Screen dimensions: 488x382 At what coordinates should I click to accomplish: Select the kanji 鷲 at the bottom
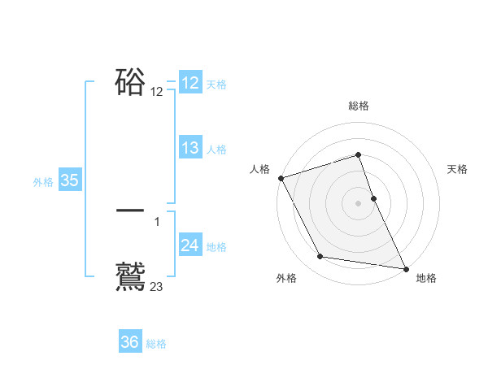coord(131,275)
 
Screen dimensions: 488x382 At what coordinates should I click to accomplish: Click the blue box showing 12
coord(190,83)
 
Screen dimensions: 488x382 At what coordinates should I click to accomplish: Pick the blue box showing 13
coord(190,148)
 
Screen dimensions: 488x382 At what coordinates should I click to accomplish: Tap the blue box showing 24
coord(190,245)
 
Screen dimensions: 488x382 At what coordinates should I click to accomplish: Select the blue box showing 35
coord(70,180)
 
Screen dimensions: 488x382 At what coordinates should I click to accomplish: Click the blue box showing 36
coord(130,342)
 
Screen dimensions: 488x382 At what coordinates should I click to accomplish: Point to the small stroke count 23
coord(157,286)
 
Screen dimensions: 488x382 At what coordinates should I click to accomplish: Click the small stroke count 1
coord(157,221)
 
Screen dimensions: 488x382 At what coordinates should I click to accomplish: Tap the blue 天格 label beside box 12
coord(216,85)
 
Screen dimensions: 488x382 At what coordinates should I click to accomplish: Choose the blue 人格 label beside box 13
coord(216,150)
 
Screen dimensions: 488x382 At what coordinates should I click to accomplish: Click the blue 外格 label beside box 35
coord(43,182)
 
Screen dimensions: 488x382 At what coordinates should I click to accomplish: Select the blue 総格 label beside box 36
coord(156,344)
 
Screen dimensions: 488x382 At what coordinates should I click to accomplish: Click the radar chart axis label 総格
coord(359,106)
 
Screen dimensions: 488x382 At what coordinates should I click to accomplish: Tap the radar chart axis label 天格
coord(458,169)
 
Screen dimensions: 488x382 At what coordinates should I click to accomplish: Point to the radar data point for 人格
coord(281,178)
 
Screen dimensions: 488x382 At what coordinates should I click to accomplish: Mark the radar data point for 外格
coord(320,257)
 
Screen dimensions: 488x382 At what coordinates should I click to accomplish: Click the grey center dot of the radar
coord(359,203)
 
